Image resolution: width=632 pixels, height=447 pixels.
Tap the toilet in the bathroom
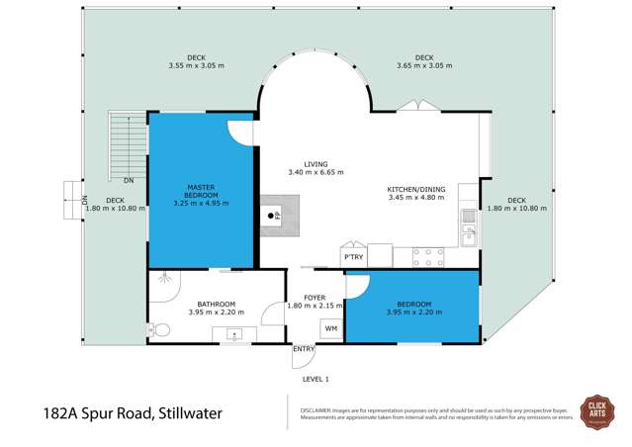click(154, 329)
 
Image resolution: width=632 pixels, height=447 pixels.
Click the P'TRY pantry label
click(352, 257)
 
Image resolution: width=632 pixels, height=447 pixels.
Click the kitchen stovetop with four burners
click(427, 257)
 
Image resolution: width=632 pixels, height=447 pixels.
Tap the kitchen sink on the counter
click(469, 234)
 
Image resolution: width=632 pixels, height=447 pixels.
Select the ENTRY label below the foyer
click(304, 349)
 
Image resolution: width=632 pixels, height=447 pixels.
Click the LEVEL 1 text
click(316, 378)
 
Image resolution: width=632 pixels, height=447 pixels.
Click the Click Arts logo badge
click(596, 410)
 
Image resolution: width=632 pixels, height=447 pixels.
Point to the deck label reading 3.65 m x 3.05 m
click(424, 65)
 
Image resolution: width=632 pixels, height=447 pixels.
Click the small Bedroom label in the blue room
click(413, 304)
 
